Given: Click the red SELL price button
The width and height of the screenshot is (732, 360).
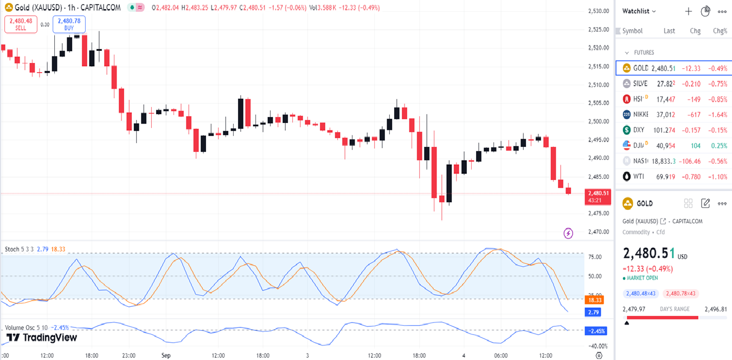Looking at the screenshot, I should pyautogui.click(x=21, y=24).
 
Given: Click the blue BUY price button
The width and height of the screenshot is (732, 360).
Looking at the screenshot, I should pyautogui.click(x=69, y=24).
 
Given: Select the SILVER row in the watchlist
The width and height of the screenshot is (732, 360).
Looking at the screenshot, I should pyautogui.click(x=640, y=84).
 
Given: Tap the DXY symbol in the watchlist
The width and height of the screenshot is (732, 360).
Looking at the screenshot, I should pyautogui.click(x=639, y=130).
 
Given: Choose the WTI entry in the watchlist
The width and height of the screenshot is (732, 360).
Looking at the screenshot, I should pyautogui.click(x=638, y=177).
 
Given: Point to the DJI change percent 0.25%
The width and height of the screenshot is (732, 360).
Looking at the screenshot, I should pyautogui.click(x=719, y=146).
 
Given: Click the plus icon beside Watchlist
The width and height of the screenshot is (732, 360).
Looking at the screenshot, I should pyautogui.click(x=689, y=11).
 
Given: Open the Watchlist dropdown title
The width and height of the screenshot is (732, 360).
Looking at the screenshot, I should pyautogui.click(x=639, y=11).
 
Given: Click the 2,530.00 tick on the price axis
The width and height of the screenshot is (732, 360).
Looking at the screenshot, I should pyautogui.click(x=598, y=11).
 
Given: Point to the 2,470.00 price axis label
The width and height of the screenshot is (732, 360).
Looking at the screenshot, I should pyautogui.click(x=598, y=232).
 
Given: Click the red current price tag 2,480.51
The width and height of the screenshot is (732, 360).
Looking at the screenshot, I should pyautogui.click(x=598, y=196).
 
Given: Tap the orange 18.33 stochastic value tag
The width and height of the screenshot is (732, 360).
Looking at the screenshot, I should pyautogui.click(x=595, y=300).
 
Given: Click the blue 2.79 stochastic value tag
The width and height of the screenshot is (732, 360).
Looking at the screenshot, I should pyautogui.click(x=595, y=312).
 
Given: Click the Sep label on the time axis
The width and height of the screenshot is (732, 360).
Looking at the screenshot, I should pyautogui.click(x=166, y=356).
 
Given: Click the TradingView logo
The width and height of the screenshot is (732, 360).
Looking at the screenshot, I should pyautogui.click(x=42, y=338).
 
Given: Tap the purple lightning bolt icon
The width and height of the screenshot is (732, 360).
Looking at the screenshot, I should pyautogui.click(x=568, y=233).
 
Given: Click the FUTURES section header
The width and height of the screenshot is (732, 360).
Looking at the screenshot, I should pyautogui.click(x=644, y=53).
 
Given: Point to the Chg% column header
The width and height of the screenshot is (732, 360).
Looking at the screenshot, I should pyautogui.click(x=720, y=31).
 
